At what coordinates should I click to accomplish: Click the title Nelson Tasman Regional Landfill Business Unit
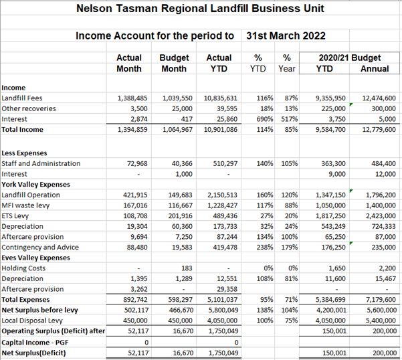pos(200,9)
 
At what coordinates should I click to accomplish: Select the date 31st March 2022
pos(286,35)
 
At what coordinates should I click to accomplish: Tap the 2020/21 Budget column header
pos(350,58)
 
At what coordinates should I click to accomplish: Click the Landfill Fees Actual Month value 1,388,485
pos(132,98)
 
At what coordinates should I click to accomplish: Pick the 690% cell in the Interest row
pos(265,119)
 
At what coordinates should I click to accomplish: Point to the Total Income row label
pos(22,130)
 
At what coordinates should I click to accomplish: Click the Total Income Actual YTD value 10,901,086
pos(221,130)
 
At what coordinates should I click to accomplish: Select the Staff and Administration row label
pos(41,163)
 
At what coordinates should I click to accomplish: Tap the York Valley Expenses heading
pos(35,185)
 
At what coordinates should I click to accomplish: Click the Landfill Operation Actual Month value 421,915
pos(135,195)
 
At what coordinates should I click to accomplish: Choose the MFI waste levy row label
pos(25,205)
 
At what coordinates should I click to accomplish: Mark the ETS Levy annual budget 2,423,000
pos(381,216)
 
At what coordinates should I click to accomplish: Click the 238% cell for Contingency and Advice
pos(265,248)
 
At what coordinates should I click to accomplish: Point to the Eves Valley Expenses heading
pos(35,258)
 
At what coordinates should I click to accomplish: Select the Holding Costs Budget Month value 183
pos(187,268)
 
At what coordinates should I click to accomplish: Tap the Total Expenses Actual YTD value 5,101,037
pos(223,300)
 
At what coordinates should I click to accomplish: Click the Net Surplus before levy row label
pos(39,310)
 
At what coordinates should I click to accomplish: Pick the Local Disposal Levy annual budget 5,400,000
pos(381,321)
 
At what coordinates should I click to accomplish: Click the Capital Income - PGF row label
pos(35,343)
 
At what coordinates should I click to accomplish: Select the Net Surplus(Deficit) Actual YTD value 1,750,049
pos(223,353)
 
